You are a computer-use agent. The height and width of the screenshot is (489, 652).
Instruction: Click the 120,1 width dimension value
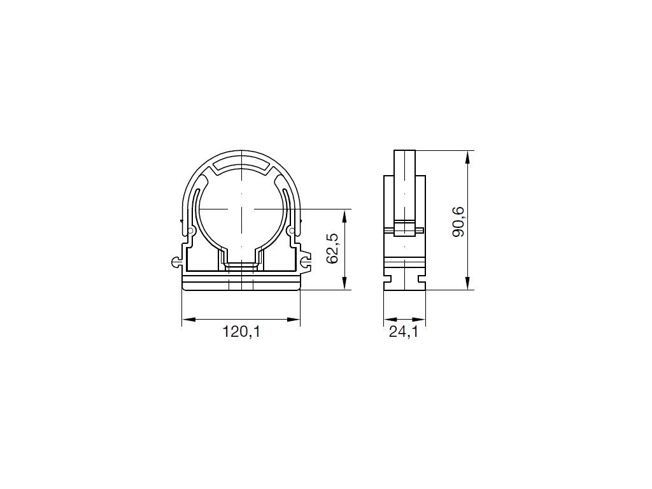coord(241,332)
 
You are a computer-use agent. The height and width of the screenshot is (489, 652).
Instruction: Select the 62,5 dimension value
coord(332,249)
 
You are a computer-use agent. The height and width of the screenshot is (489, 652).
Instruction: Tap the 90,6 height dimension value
coord(458,222)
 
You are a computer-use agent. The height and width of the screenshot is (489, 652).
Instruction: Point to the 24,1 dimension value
coord(403,332)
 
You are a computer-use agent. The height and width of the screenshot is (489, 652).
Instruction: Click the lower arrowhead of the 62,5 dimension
coord(344,283)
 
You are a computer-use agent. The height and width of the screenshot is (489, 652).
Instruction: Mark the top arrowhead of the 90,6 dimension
coord(467,157)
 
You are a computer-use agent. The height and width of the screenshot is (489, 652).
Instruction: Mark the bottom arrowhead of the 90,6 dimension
coord(467,283)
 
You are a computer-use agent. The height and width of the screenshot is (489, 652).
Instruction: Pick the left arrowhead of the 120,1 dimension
coord(188,320)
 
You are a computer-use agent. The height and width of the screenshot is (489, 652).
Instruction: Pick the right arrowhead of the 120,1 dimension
coord(293,320)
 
